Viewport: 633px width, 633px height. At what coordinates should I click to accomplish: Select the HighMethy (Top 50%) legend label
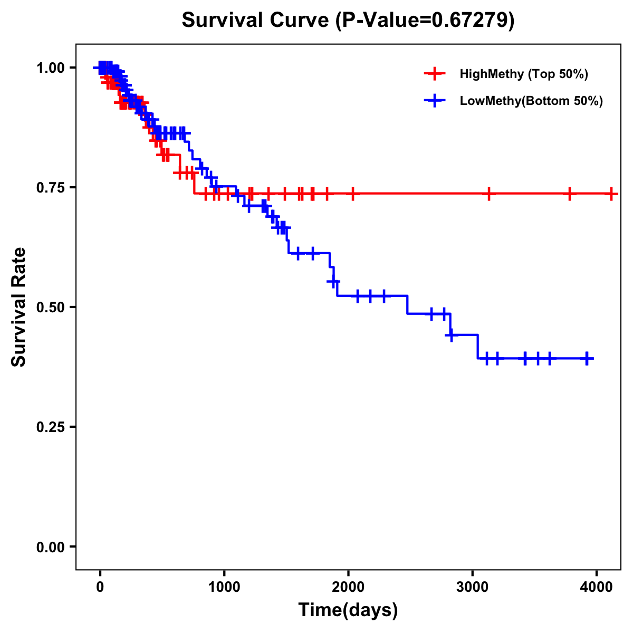click(523, 74)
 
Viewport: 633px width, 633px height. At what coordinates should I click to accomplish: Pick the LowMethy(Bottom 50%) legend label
click(531, 101)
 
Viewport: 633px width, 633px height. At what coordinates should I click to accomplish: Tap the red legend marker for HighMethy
click(435, 74)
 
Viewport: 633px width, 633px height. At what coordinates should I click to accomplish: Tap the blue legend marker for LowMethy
click(435, 101)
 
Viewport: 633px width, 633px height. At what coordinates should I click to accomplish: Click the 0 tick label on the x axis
click(100, 586)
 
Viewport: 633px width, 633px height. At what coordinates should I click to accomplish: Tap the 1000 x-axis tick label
click(224, 586)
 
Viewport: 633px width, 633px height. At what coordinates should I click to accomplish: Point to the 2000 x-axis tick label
click(348, 586)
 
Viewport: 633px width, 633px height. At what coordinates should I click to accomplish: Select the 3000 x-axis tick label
click(472, 586)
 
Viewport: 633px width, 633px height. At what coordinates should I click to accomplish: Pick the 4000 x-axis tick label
click(596, 586)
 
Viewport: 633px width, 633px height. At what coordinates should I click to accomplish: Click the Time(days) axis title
click(348, 610)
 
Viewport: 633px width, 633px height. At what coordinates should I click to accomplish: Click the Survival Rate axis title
click(20, 307)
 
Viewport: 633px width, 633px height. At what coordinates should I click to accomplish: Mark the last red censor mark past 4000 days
click(611, 194)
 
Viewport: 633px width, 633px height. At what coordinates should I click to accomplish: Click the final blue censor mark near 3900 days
click(587, 358)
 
